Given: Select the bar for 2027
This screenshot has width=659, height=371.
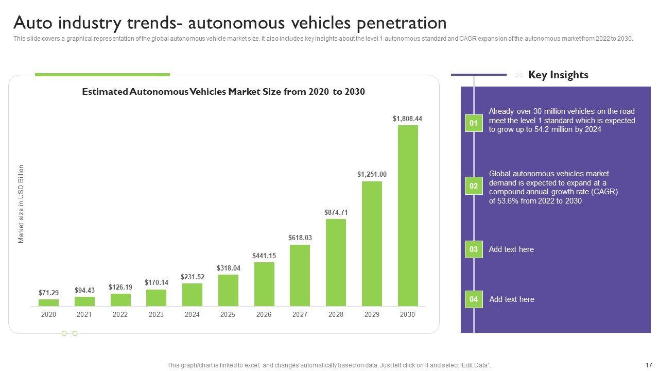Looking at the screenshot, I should (x=300, y=275).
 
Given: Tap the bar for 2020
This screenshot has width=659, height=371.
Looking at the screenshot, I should (x=48, y=302).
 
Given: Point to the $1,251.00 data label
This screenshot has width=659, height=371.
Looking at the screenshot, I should (x=372, y=175).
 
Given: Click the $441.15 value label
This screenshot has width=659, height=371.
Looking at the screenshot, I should (x=264, y=256).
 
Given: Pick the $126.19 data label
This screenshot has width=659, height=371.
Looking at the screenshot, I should (x=120, y=287).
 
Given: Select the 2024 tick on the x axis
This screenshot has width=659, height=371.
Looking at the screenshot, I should (x=192, y=314).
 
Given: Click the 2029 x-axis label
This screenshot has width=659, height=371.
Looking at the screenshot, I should (x=372, y=314).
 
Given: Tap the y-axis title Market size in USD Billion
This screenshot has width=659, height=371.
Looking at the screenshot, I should (x=21, y=204).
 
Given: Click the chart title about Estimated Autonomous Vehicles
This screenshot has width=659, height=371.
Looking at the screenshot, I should (x=223, y=92).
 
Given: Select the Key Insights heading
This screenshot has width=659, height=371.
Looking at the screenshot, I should (x=558, y=75).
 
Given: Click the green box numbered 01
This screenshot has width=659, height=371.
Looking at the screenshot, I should (x=474, y=123).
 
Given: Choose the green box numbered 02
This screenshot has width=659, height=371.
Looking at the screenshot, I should (x=474, y=186).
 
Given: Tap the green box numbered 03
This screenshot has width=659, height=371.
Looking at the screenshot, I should (x=474, y=249).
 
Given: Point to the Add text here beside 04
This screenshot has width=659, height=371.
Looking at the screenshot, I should (x=512, y=299).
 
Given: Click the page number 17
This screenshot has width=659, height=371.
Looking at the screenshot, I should (x=648, y=365).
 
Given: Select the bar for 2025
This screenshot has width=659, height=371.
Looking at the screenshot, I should (x=228, y=290).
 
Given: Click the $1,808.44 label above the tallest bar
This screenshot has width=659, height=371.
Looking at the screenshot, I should (x=407, y=119).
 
